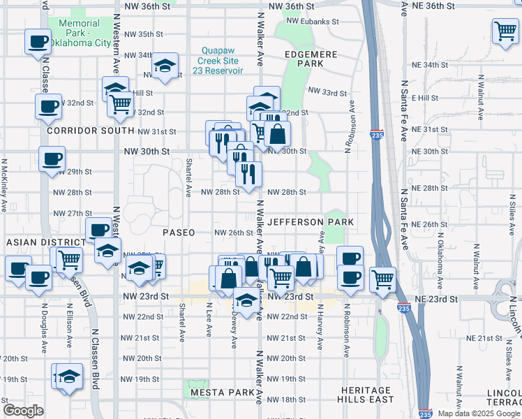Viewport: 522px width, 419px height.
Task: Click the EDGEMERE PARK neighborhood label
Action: click(311, 59)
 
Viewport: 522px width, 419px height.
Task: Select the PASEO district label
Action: click(178, 232)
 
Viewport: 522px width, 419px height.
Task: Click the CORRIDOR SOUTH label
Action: click(90, 131)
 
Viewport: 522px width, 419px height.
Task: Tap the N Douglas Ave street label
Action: click(44, 328)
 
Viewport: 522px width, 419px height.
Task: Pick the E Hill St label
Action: click(424, 98)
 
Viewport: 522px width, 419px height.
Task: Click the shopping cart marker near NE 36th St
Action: click(505, 31)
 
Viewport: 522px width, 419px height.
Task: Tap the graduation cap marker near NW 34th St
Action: click(165, 66)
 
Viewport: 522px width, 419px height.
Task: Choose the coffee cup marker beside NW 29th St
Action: click(52, 159)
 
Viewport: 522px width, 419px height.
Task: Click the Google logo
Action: click(23, 411)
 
